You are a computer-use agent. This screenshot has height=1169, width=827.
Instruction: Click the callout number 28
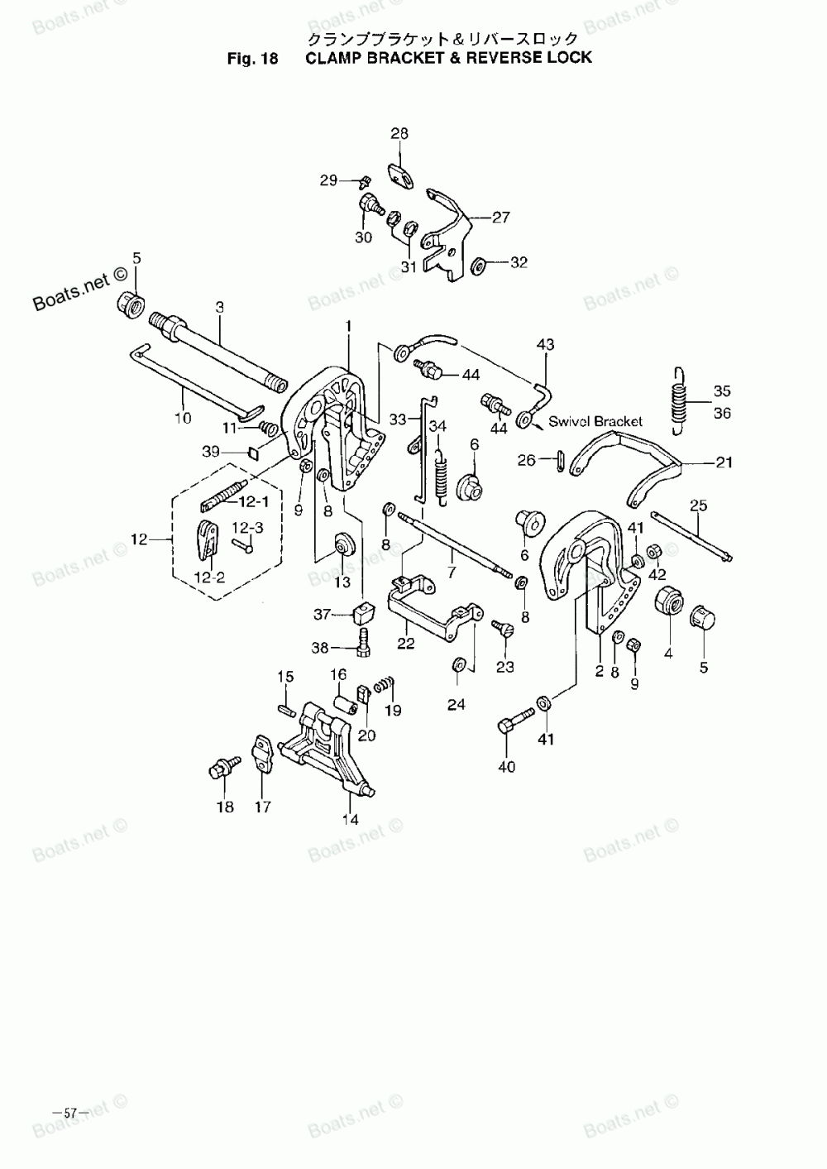pos(399,133)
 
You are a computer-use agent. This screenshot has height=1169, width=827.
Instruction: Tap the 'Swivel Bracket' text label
pos(595,421)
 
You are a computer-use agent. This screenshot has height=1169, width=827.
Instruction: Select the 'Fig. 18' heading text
pos(254,58)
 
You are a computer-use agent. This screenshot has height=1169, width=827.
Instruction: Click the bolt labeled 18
pos(219,768)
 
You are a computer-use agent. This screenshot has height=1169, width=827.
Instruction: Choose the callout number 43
pos(546,344)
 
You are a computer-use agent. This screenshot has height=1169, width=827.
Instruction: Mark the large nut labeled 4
pos(668,601)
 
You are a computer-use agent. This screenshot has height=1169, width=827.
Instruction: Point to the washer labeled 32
pos(479,266)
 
